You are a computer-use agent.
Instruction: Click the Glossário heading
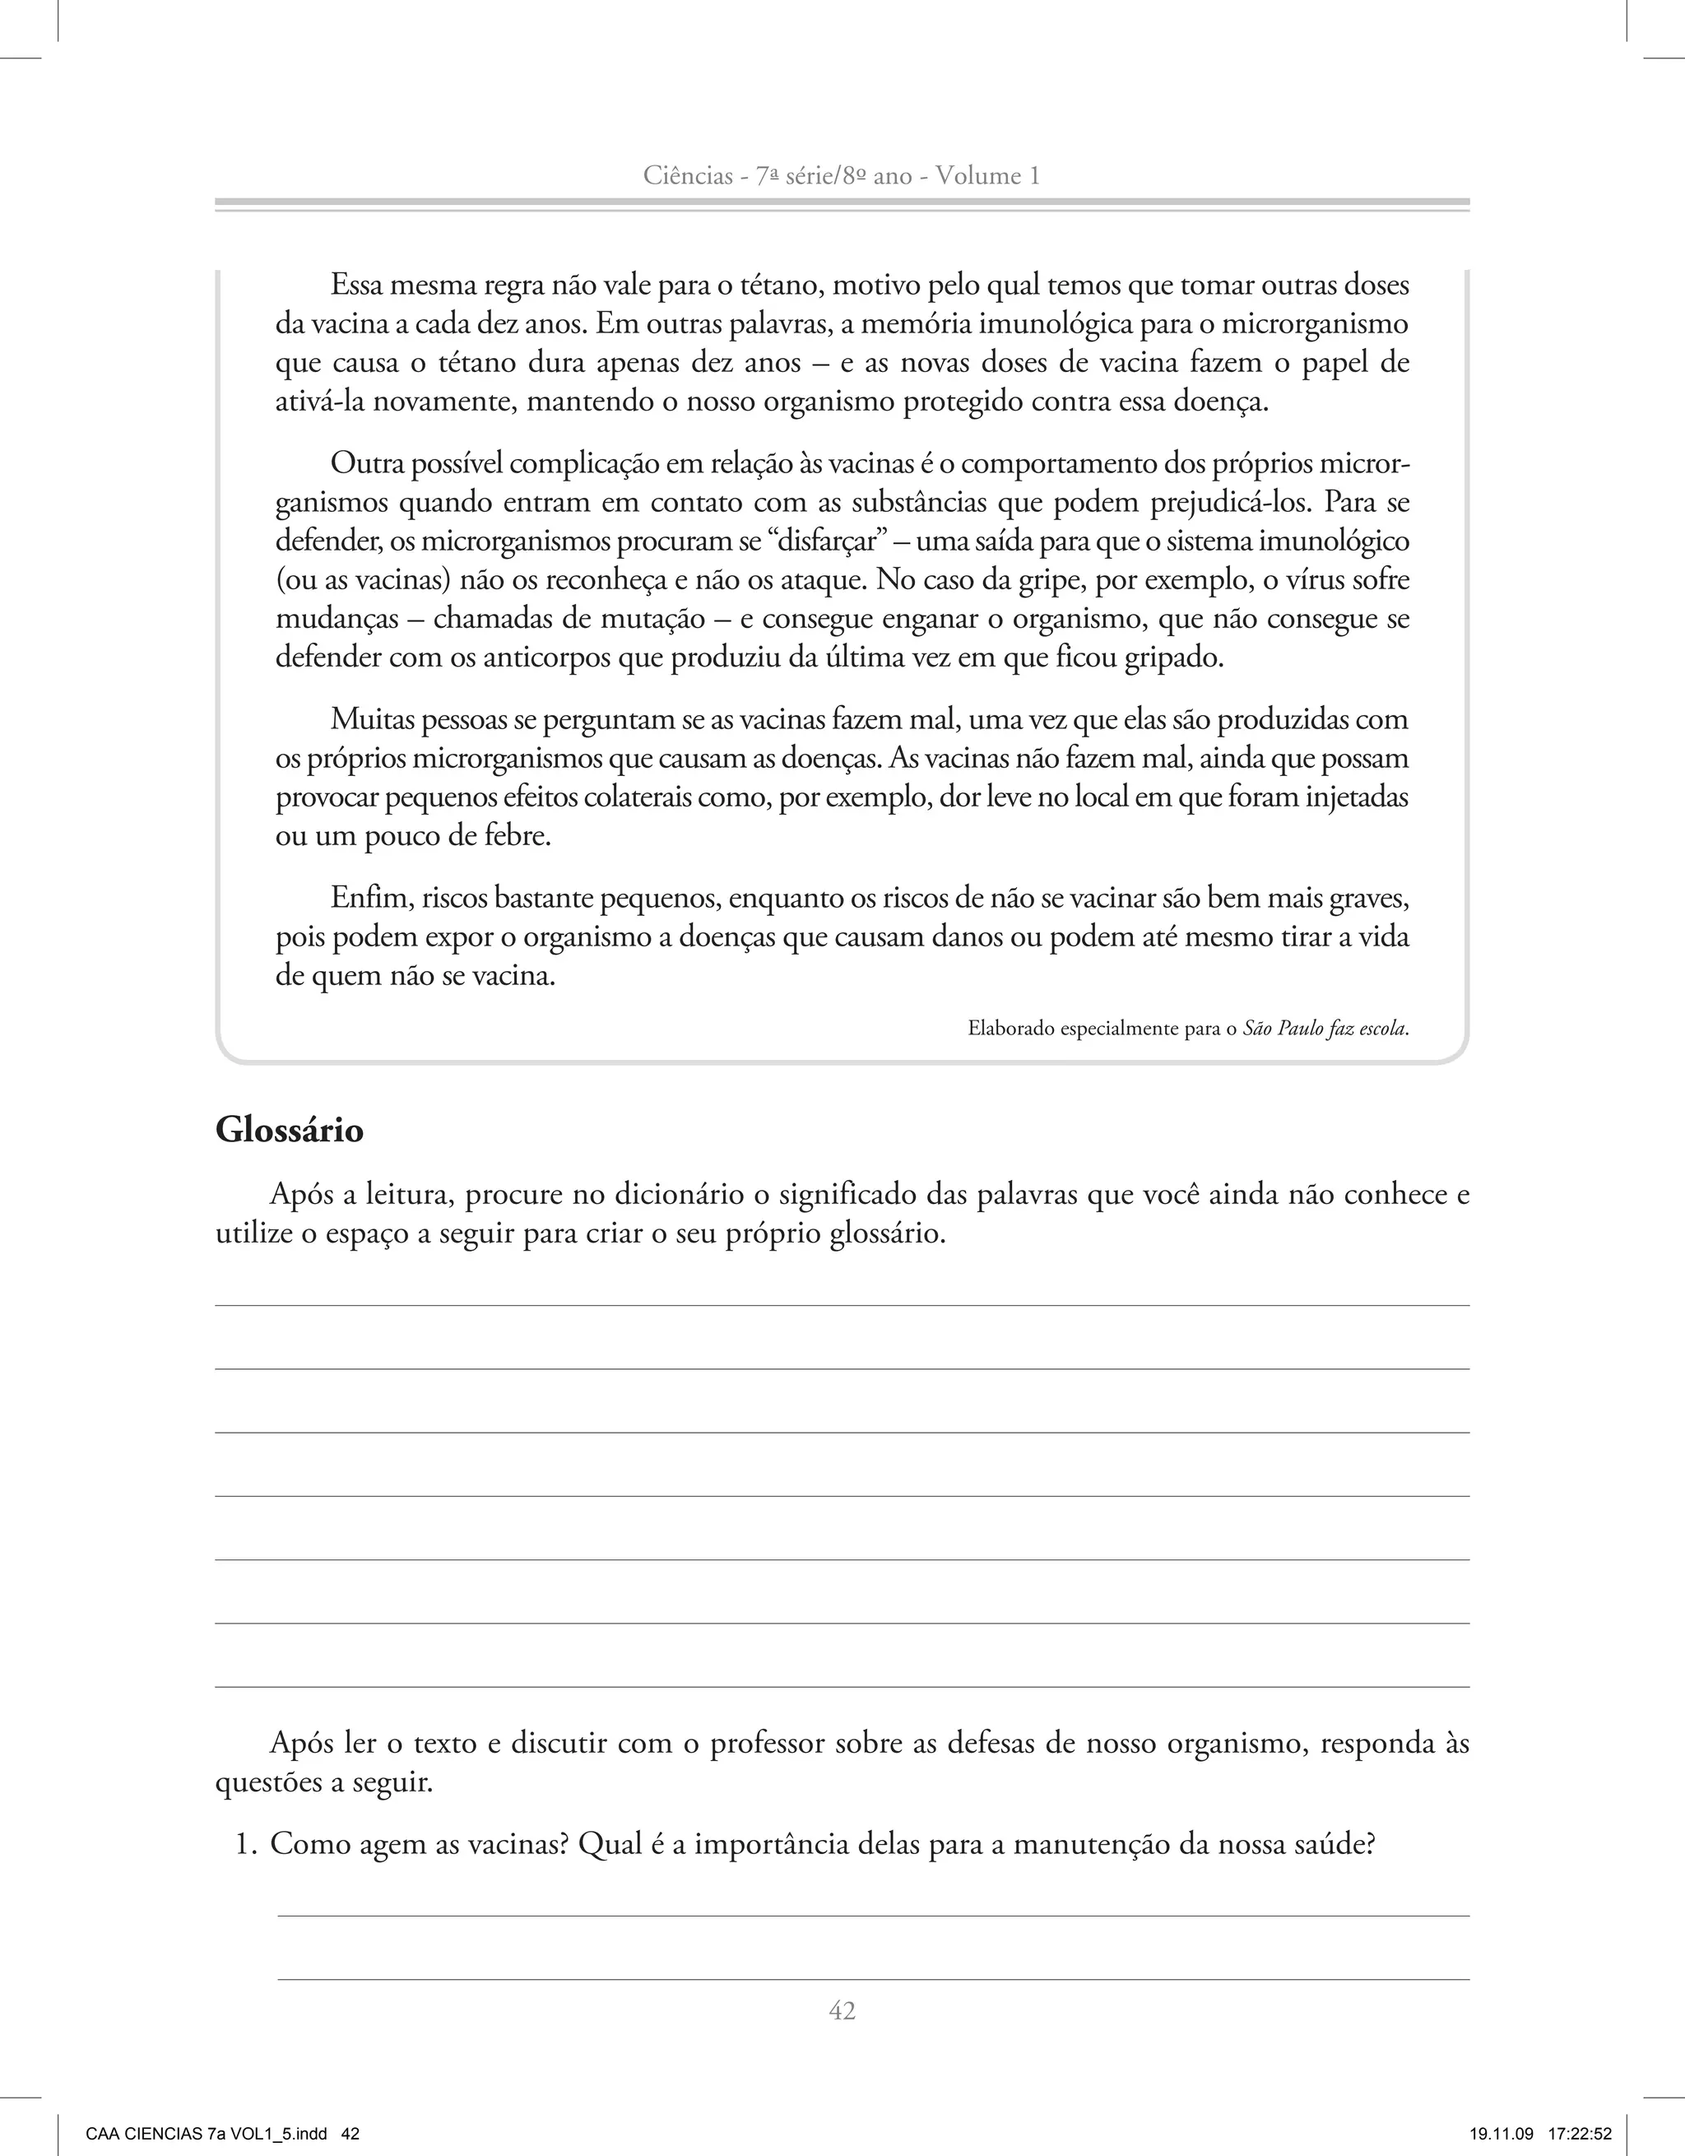pos(290,1129)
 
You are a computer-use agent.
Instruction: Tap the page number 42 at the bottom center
pos(842,2010)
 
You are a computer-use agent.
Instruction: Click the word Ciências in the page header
pos(686,176)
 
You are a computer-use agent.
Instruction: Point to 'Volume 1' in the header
pos(987,176)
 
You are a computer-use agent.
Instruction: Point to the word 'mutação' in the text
pos(653,619)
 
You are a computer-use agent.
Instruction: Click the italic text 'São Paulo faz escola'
pos(1324,1029)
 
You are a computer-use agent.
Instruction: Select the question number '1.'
pos(247,1844)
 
